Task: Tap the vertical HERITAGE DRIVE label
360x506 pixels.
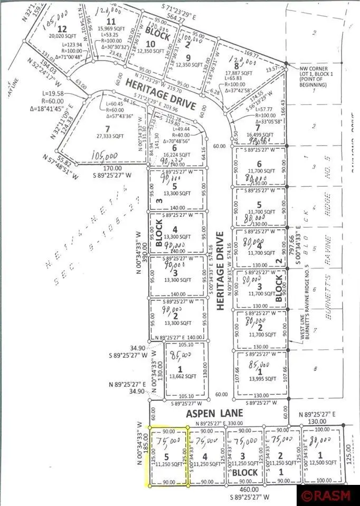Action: click(220, 270)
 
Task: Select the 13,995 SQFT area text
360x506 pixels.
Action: click(262, 378)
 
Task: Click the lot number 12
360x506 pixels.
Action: click(63, 28)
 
